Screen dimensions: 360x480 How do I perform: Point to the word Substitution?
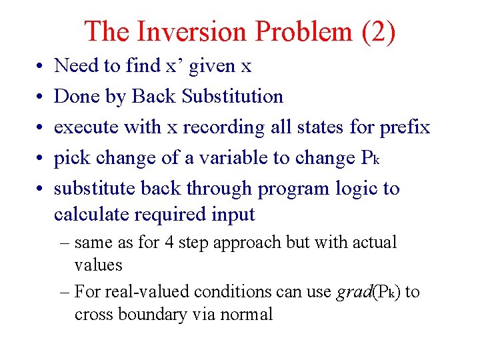pyautogui.click(x=232, y=96)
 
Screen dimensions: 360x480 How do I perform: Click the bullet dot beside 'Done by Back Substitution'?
pyautogui.click(x=33, y=97)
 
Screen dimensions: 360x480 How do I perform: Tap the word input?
pyautogui.click(x=233, y=214)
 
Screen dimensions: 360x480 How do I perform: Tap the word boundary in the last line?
pyautogui.click(x=155, y=314)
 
